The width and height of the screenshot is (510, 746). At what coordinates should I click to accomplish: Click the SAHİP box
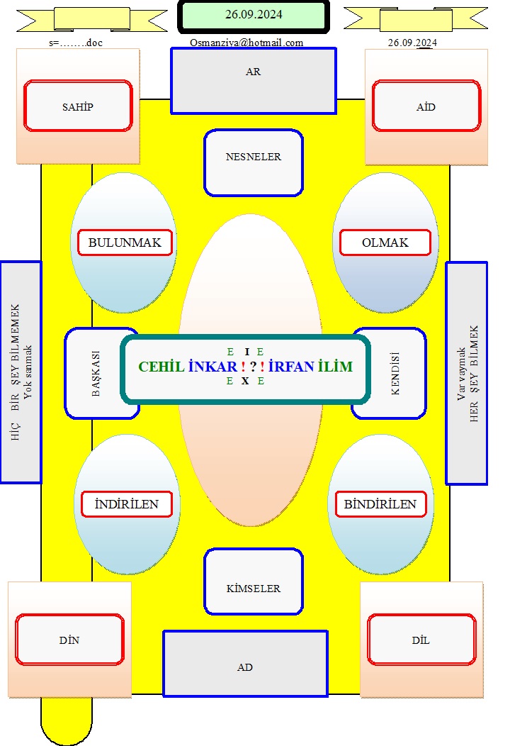(78, 106)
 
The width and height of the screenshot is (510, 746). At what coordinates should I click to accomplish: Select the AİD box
(426, 106)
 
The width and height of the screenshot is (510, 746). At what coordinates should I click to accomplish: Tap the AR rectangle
(254, 81)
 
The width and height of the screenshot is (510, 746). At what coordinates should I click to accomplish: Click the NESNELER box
(254, 162)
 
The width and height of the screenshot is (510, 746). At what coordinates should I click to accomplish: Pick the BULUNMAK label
(125, 243)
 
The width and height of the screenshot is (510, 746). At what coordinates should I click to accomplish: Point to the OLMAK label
(385, 243)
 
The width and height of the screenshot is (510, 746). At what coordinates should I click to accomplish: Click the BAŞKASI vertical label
(96, 374)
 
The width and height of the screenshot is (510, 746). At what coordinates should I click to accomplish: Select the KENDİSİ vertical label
(395, 374)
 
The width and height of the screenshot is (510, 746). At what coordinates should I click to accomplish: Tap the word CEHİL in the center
(161, 367)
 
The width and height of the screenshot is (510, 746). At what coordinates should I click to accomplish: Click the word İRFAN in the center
(291, 367)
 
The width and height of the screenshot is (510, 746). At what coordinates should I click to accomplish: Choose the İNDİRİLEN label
(126, 504)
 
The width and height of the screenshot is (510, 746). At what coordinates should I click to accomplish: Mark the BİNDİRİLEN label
(380, 504)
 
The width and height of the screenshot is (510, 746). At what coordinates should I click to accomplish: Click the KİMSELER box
(254, 581)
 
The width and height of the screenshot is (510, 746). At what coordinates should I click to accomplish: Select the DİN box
(69, 640)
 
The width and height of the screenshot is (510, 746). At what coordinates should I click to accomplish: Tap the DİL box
(421, 640)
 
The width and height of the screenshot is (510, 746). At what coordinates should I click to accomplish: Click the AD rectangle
(245, 664)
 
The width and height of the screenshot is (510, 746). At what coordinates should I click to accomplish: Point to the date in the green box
(254, 15)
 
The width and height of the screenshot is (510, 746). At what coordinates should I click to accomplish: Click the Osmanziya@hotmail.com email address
(246, 43)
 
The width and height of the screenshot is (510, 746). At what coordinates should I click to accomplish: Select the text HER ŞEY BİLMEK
(474, 374)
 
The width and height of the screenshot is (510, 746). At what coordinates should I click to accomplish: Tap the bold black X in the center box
(245, 381)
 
